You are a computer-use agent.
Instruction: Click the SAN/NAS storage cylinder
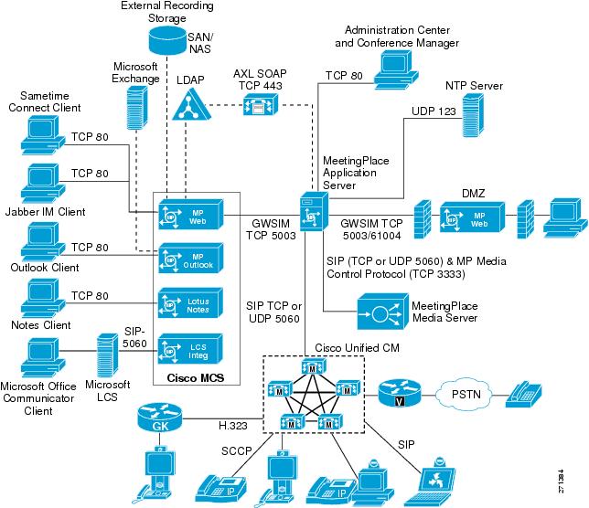(166, 41)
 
